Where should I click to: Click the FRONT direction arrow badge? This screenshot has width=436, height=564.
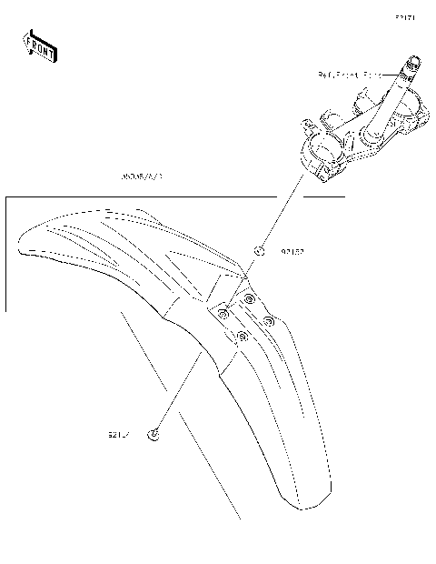40,45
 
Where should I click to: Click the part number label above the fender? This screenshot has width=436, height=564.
139,177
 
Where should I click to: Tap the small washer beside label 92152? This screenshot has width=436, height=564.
259,250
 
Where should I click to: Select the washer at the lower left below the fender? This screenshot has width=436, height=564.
154,434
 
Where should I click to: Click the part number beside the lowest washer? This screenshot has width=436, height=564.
119,434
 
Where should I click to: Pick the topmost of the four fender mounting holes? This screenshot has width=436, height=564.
249,298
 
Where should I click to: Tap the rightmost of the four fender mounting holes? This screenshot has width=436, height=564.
269,319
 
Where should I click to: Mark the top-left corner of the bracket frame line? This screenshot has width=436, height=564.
6,196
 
